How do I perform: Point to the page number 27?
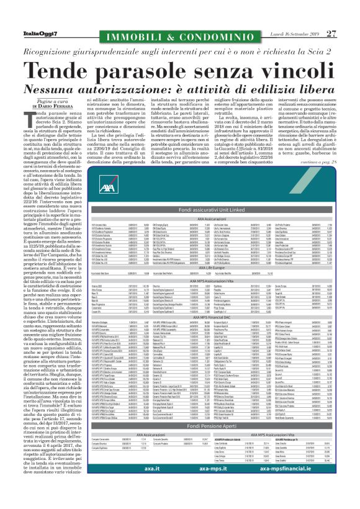[332, 15]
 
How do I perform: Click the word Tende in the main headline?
[73, 54]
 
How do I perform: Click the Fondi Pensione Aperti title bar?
[179, 444]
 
